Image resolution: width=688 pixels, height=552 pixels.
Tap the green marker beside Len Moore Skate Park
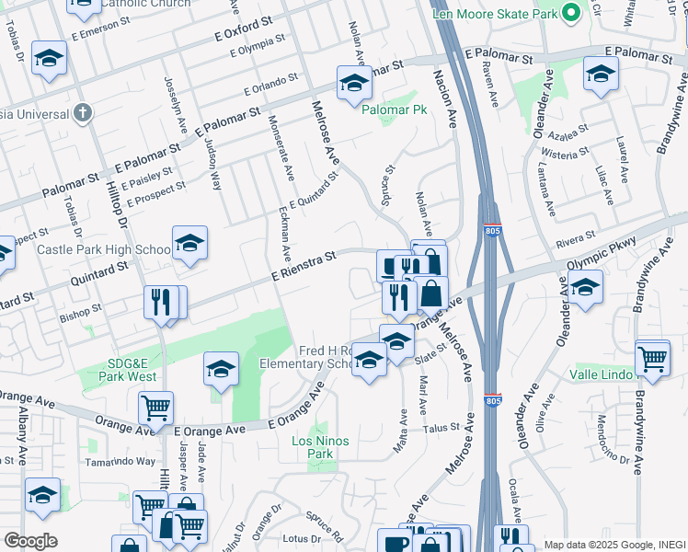tap(570, 14)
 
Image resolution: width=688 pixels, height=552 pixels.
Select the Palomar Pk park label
tap(395, 109)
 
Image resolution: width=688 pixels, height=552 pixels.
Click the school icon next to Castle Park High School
tap(189, 244)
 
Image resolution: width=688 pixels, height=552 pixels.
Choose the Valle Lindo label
tap(601, 374)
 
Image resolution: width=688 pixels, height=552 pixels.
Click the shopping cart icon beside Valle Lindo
tap(653, 358)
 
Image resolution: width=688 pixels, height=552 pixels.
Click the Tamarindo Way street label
tap(120, 461)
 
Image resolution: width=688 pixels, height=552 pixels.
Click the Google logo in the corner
tap(30, 541)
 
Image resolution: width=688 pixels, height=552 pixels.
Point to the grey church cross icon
tap(83, 113)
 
